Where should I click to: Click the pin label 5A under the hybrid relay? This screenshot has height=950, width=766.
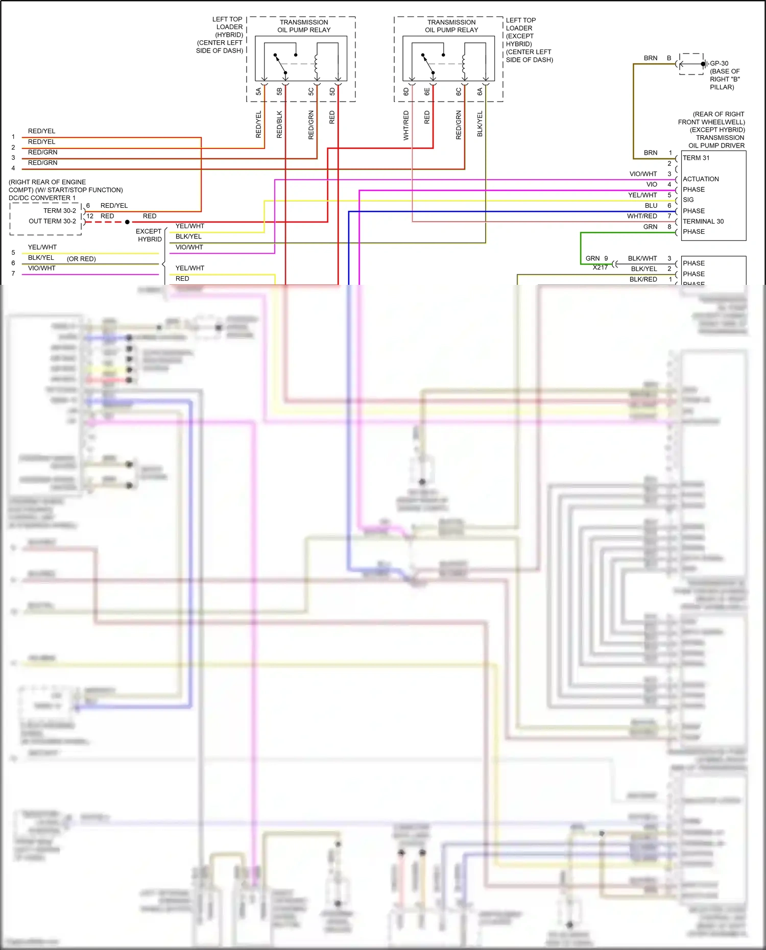tap(258, 92)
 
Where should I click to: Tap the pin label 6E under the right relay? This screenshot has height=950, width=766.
tap(427, 92)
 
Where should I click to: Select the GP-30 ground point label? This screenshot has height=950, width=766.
tap(719, 64)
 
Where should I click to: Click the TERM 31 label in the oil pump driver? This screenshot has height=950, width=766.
tap(696, 158)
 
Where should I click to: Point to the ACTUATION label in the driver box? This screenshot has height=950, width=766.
tap(701, 179)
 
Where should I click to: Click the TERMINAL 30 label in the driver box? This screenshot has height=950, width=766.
tap(703, 222)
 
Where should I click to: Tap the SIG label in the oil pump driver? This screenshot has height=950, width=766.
tap(688, 200)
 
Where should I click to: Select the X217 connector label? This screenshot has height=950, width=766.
tap(600, 267)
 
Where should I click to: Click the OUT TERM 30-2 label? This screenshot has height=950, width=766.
tap(52, 221)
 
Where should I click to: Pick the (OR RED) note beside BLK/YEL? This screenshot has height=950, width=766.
tap(81, 259)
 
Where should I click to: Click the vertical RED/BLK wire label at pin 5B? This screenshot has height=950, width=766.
tap(279, 125)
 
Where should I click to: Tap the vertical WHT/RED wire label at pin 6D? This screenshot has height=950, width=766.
tap(406, 126)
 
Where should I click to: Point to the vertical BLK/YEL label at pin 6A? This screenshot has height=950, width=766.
tap(480, 124)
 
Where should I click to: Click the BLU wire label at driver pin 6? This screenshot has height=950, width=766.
tap(651, 206)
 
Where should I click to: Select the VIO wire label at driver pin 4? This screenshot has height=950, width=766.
tap(652, 184)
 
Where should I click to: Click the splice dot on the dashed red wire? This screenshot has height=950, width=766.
tap(127, 222)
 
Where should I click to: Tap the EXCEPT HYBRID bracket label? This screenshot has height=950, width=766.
tap(149, 235)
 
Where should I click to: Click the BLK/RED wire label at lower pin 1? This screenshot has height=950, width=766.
tap(643, 279)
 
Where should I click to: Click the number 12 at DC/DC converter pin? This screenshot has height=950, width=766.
tap(90, 216)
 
